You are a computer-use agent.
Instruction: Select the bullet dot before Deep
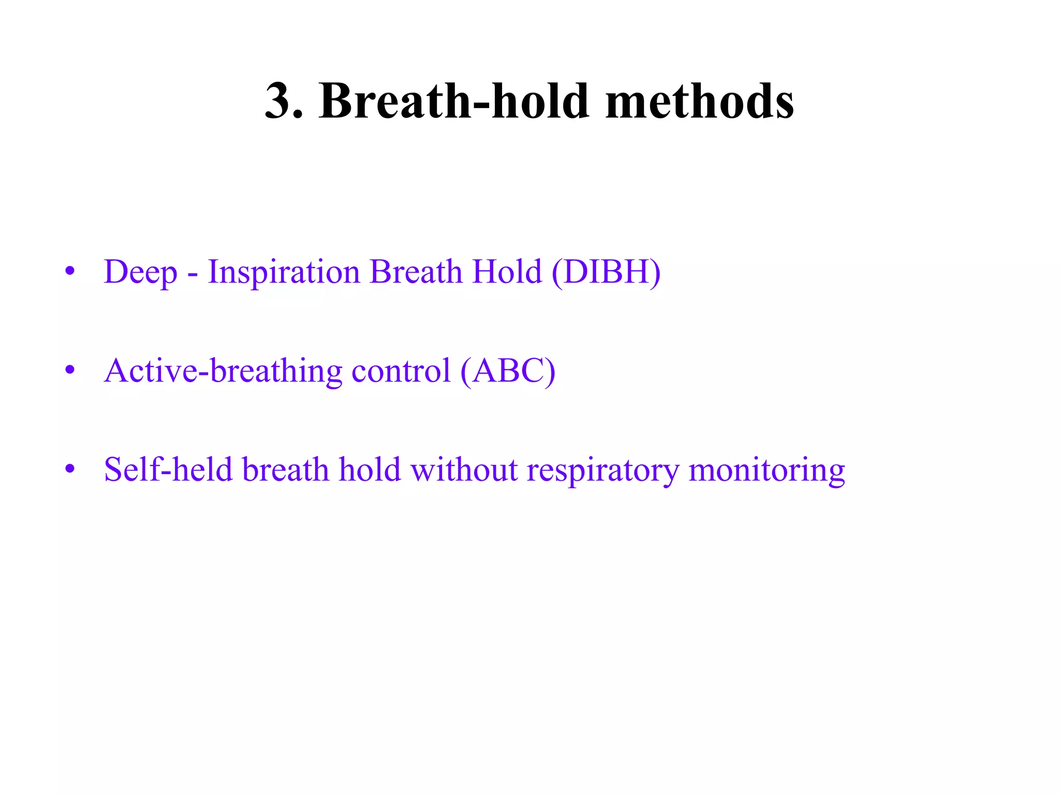70,271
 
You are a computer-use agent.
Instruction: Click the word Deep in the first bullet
140,272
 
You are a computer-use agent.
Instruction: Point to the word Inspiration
284,272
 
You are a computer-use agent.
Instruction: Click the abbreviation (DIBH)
606,272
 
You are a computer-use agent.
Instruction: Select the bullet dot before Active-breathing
70,370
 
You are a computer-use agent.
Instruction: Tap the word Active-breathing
223,371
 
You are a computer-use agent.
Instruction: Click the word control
401,371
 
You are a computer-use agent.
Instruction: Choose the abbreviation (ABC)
508,371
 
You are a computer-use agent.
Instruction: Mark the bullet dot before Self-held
70,469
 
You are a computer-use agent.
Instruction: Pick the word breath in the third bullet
286,469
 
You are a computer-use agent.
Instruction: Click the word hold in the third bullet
370,469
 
